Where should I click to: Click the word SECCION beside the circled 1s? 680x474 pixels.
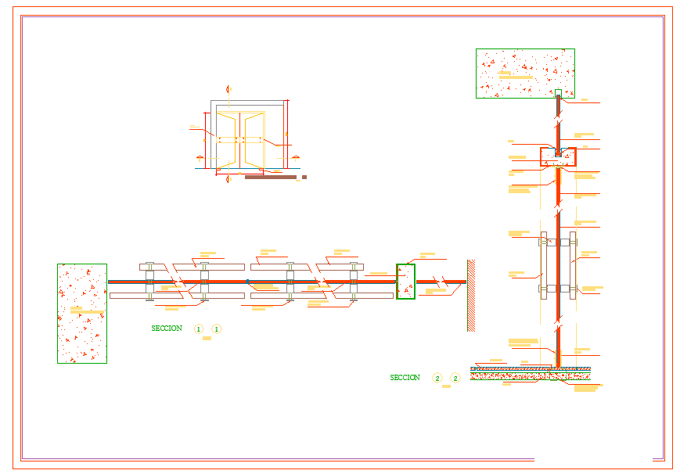167,329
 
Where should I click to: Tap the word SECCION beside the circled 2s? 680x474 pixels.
405,378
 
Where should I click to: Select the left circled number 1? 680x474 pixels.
199,329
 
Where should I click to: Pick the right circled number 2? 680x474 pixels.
455,379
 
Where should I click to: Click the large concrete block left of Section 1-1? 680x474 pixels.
82,313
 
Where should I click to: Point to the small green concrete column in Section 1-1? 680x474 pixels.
405,282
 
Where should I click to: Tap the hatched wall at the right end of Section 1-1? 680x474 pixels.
471,296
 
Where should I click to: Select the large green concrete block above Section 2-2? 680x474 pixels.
525,74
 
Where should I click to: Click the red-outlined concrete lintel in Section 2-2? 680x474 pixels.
558,156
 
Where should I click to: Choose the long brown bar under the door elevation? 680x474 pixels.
271,178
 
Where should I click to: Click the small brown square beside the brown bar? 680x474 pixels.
304,177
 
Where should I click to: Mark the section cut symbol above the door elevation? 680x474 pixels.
228,89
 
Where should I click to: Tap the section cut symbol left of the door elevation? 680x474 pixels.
199,157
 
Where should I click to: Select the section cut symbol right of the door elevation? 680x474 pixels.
298,157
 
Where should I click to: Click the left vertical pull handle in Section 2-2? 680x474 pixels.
543,265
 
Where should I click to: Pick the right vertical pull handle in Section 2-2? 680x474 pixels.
573,265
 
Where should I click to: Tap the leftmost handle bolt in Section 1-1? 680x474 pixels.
149,282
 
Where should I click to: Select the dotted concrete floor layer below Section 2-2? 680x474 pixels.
531,375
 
